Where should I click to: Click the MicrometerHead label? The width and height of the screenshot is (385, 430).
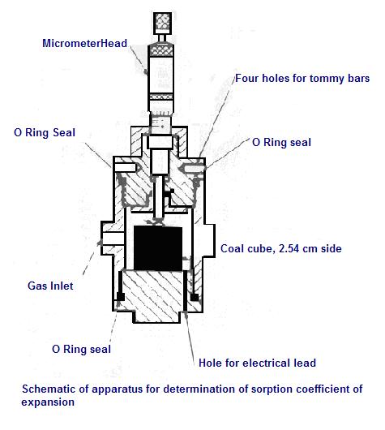[x=84, y=43]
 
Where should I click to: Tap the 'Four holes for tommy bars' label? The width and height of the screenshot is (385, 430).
[x=302, y=79]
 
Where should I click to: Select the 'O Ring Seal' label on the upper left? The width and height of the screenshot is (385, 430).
[x=45, y=133]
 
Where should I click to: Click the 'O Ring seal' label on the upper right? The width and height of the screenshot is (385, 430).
[x=281, y=142]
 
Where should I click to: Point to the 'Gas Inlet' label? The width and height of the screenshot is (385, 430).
[x=50, y=286]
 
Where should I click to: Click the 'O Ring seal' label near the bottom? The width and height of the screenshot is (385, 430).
[x=81, y=350]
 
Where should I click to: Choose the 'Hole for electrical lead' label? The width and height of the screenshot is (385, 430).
[x=257, y=363]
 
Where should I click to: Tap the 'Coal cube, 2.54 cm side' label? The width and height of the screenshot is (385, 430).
[x=281, y=249]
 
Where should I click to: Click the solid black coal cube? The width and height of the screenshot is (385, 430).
[x=158, y=248]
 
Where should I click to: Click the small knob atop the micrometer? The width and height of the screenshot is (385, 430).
[x=162, y=24]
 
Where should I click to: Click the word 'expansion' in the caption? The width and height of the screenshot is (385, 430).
[x=48, y=402]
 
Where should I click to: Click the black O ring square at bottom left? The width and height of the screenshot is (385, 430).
[x=121, y=296]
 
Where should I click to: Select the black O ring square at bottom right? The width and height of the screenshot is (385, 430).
[x=195, y=297]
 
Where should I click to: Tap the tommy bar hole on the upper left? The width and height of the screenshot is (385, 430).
[x=126, y=167]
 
